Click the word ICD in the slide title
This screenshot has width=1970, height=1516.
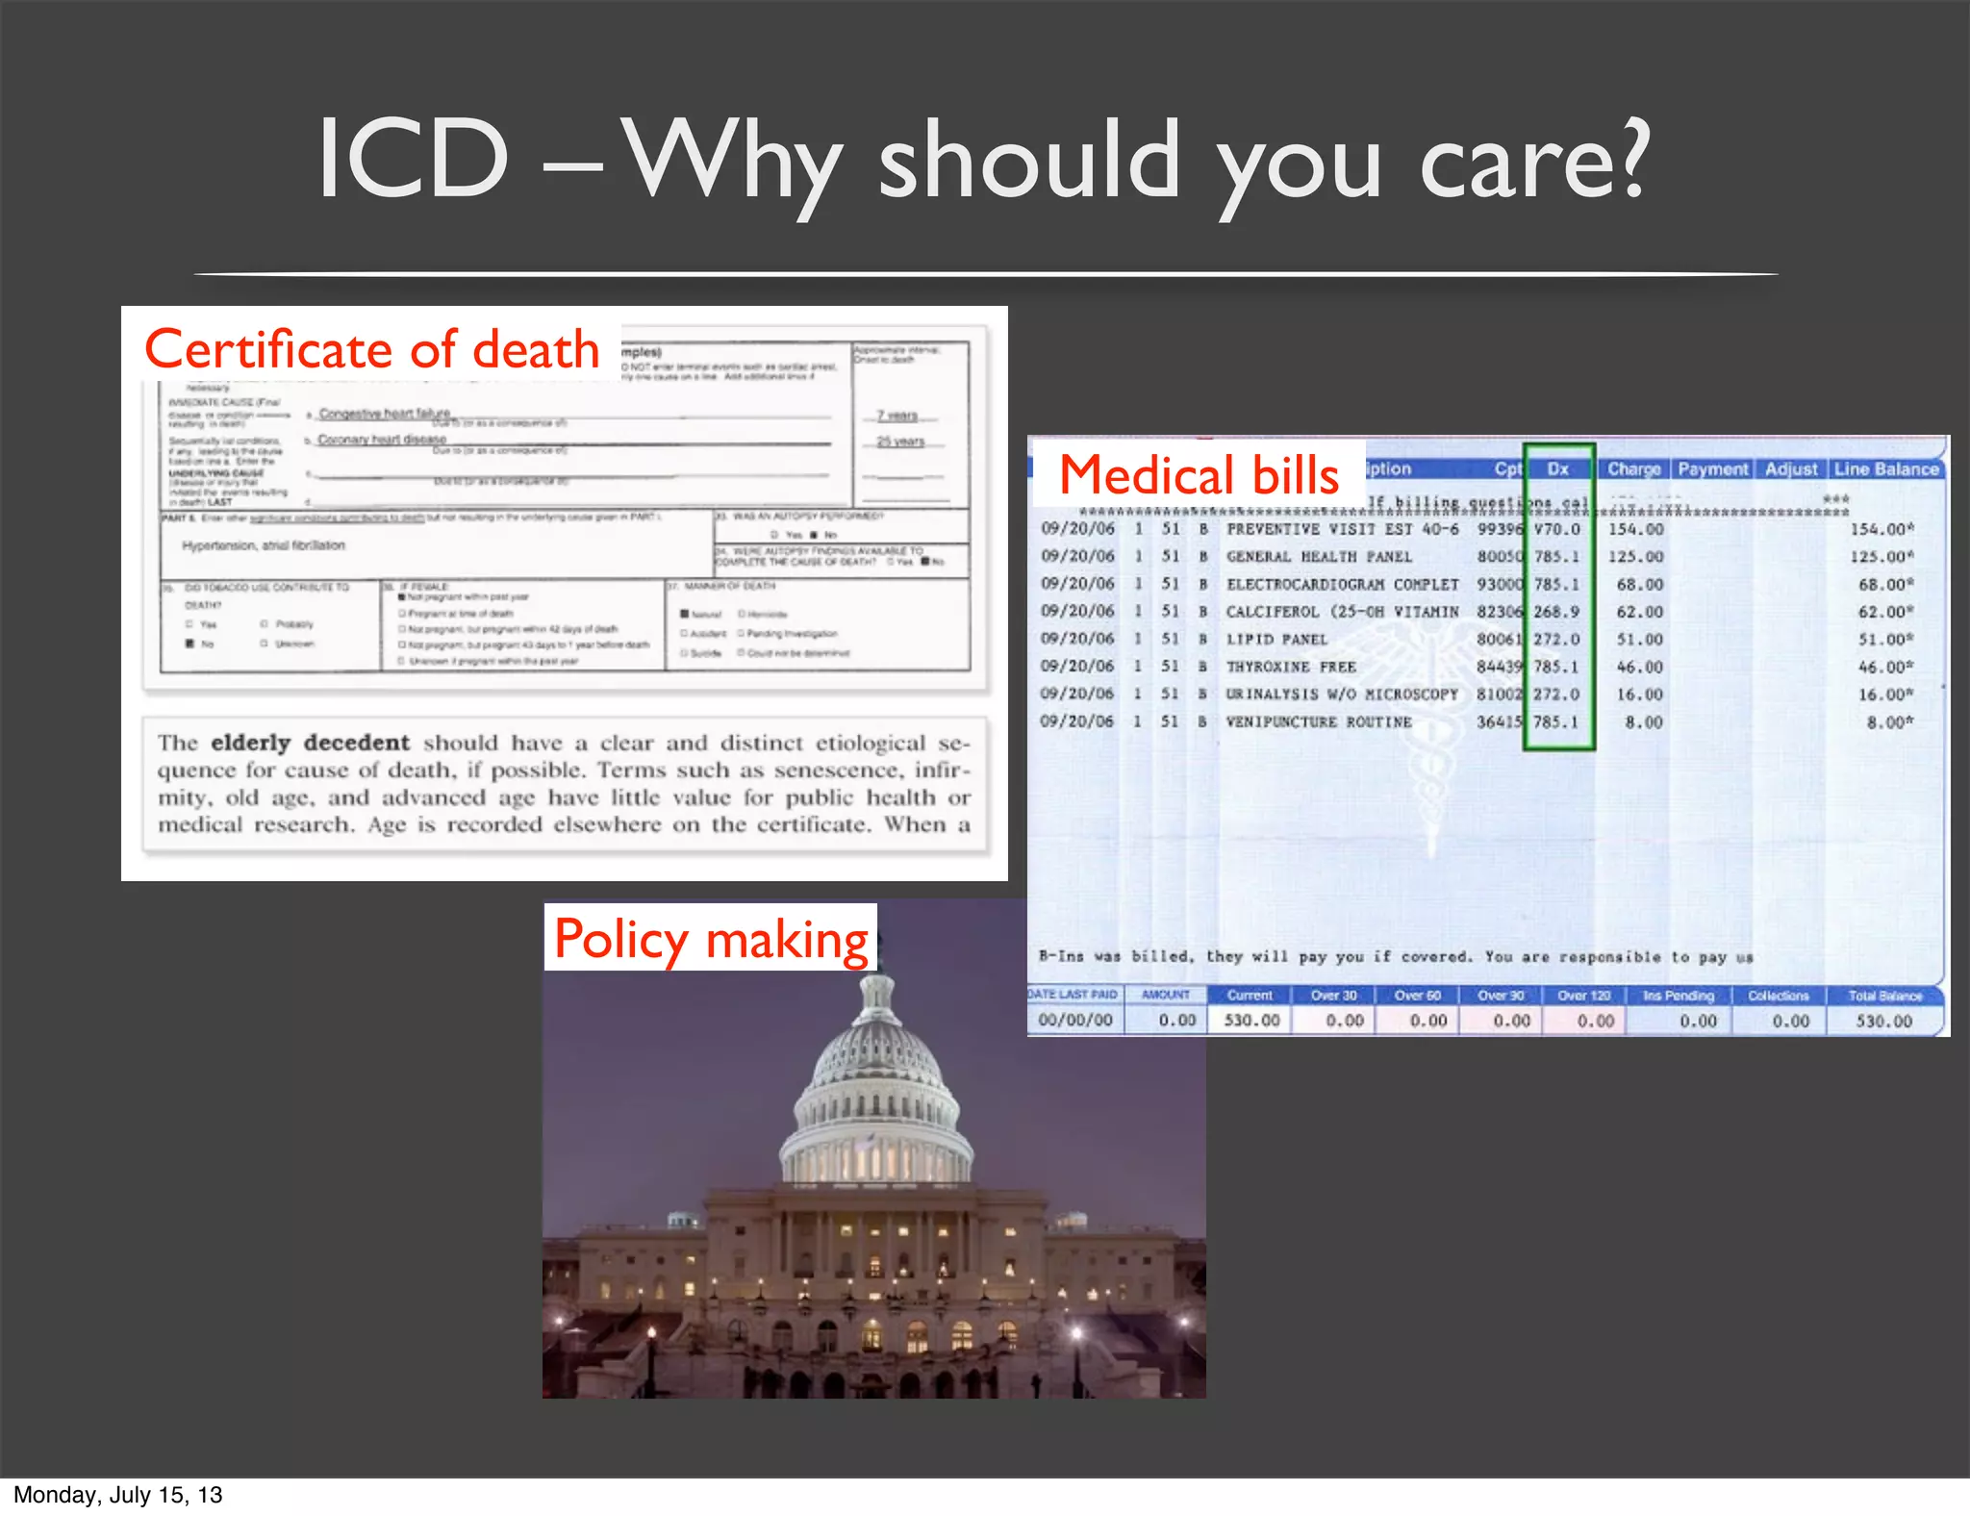(413, 160)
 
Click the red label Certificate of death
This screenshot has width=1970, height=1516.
(372, 348)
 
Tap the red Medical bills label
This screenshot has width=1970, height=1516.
(1199, 475)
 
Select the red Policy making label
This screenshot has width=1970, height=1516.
(711, 939)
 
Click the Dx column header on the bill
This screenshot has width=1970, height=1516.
(1558, 469)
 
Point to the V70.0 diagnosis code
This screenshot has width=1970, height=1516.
(1556, 529)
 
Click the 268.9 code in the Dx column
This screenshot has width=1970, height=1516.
(1556, 612)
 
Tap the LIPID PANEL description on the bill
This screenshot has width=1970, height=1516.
(1276, 640)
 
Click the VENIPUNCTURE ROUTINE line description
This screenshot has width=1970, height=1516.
(1319, 722)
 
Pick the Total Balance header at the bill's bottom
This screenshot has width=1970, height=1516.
(1884, 996)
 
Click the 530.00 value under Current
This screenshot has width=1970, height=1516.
(1251, 1021)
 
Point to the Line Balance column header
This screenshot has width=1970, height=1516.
(1885, 469)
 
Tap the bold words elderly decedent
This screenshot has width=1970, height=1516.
(310, 743)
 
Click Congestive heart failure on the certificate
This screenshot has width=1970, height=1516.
(384, 414)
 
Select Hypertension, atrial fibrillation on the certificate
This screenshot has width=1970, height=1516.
(264, 545)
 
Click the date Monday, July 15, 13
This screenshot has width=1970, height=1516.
(117, 1495)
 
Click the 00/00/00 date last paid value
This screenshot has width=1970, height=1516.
(1074, 1021)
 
